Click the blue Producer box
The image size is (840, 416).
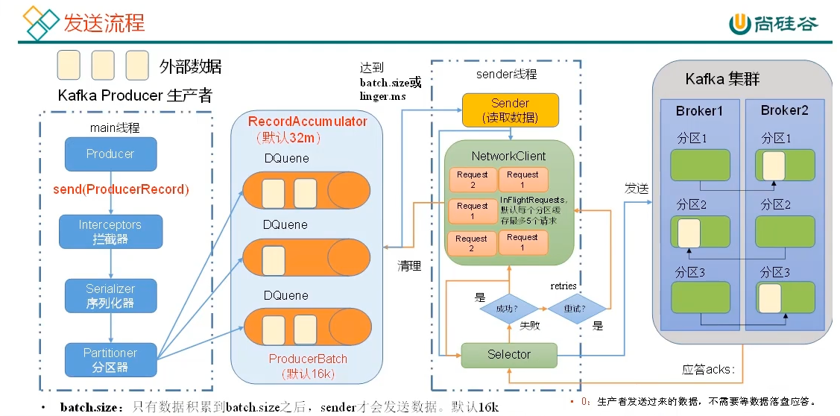point(110,154)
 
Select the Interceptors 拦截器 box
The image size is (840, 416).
point(110,231)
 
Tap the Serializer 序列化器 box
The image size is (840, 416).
point(110,295)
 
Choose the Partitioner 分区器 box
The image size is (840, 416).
point(110,359)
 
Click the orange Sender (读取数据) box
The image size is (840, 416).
point(510,110)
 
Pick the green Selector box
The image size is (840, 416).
point(509,355)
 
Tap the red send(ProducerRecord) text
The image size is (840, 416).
point(121,189)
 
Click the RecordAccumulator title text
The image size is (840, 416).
point(307,122)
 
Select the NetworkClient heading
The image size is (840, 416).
point(508,157)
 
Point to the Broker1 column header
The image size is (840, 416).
point(699,111)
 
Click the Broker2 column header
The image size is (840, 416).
point(784,110)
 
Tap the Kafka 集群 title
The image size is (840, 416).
point(722,79)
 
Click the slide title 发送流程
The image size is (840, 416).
point(104,22)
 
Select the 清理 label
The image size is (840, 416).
point(409,265)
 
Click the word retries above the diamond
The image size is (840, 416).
point(563,286)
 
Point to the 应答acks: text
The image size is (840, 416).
point(709,369)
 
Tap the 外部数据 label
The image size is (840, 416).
point(190,66)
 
